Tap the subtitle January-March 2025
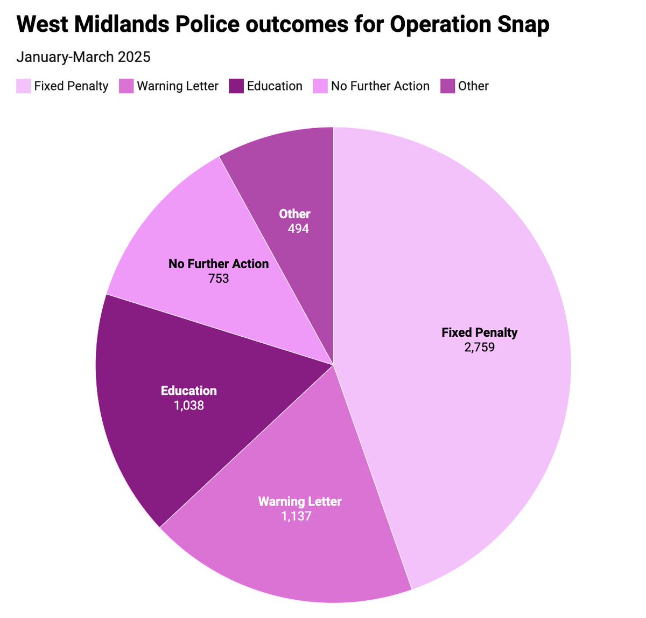[83, 57]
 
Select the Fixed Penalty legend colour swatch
[24, 86]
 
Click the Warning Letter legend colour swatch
[126, 86]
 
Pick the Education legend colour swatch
[236, 86]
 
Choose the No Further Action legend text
[380, 86]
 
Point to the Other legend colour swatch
[447, 86]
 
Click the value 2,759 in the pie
[479, 347]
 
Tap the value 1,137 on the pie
[296, 516]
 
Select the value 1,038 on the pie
[189, 405]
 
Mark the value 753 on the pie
[219, 279]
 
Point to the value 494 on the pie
[298, 228]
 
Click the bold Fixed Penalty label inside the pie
[479, 332]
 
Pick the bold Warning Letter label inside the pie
[300, 502]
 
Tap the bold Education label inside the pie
[189, 391]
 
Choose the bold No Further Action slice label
[219, 264]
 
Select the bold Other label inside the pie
[294, 214]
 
